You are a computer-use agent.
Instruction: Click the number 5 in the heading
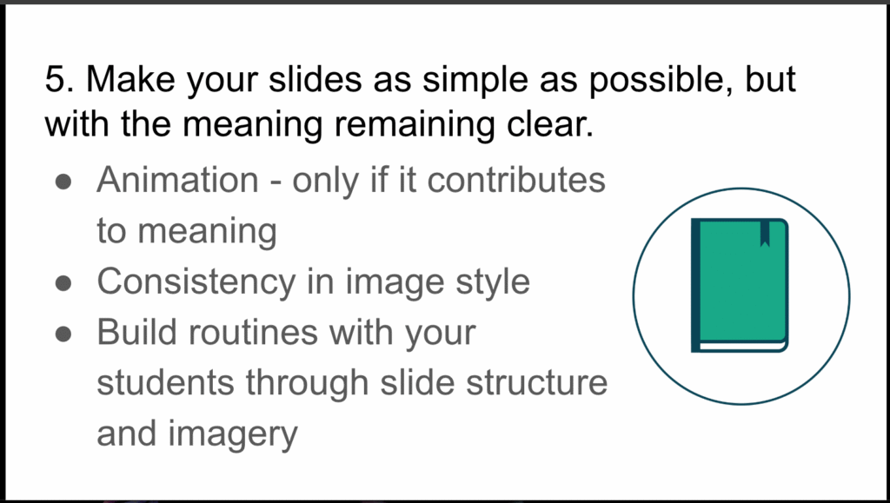coord(56,81)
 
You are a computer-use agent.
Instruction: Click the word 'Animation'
coord(177,180)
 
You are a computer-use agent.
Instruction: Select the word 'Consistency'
coord(208,281)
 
